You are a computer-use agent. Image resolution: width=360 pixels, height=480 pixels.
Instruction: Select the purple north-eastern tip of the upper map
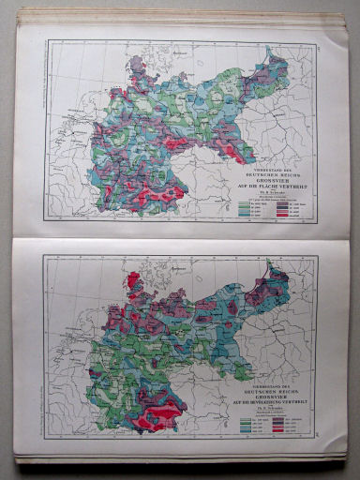277,63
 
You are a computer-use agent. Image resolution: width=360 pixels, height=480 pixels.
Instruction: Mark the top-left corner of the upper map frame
46,40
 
